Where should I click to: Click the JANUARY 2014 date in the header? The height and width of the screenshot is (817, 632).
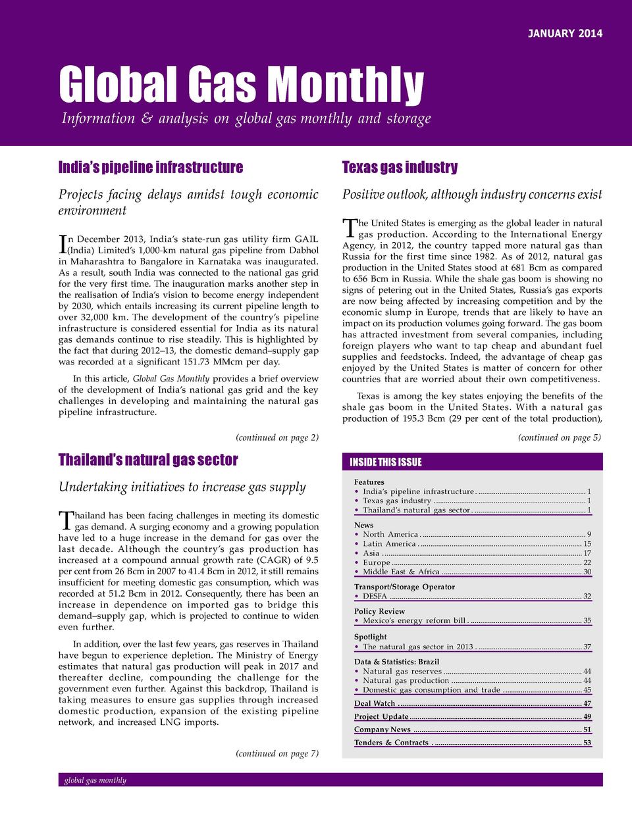[565, 34]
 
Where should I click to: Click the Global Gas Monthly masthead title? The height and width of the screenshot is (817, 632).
[241, 85]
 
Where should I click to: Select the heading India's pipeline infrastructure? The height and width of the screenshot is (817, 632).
[151, 167]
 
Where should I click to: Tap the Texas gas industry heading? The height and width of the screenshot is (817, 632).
[400, 167]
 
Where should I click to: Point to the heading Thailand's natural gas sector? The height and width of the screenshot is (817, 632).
[148, 460]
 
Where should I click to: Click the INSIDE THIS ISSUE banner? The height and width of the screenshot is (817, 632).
[386, 462]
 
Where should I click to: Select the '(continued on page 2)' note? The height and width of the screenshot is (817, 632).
[276, 437]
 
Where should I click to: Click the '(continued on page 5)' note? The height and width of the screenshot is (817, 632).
[559, 437]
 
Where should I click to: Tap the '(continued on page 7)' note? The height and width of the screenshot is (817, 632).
[276, 753]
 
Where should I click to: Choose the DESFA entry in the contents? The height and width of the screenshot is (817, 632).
[375, 597]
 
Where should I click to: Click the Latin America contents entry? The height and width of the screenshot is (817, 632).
[390, 543]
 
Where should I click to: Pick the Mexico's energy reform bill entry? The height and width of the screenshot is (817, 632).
[414, 620]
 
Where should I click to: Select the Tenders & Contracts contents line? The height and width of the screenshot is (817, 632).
[391, 743]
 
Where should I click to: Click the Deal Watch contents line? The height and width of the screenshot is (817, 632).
[375, 703]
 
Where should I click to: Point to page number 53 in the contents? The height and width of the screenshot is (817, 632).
[587, 743]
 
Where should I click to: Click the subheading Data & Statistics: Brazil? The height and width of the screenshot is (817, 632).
[396, 662]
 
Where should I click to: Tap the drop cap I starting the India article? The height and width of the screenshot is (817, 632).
[63, 244]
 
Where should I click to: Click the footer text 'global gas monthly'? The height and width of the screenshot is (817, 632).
[95, 780]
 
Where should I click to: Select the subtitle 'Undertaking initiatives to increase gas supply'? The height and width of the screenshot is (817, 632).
[182, 487]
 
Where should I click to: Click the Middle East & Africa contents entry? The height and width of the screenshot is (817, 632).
[401, 572]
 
